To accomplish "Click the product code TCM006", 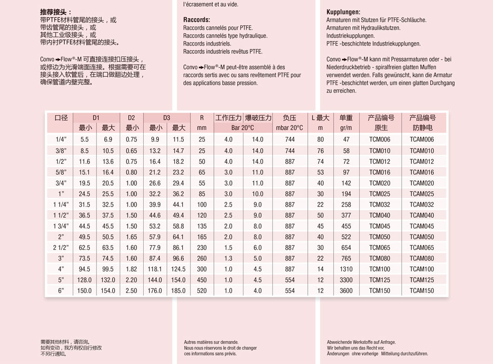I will point(379,139).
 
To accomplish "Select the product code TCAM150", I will point(422,291).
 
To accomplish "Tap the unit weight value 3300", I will point(346,280).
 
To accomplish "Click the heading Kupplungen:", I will point(343,11).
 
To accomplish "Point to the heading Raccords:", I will point(197,20).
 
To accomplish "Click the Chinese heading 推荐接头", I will point(56,11).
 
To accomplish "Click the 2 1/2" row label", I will point(61,248).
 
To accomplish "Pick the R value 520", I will point(202,291).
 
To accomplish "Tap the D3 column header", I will point(167,118).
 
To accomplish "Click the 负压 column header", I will point(290,118).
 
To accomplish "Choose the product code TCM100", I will point(379,269).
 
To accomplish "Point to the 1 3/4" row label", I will point(61,226).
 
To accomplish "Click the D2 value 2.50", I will point(132,291).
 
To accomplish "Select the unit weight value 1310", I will point(346,269).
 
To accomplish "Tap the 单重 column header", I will point(346,118).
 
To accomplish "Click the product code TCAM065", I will point(422,248).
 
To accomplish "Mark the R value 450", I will point(202,280).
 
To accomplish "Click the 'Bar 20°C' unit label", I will point(242,128).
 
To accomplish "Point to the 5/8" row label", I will point(61,172).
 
